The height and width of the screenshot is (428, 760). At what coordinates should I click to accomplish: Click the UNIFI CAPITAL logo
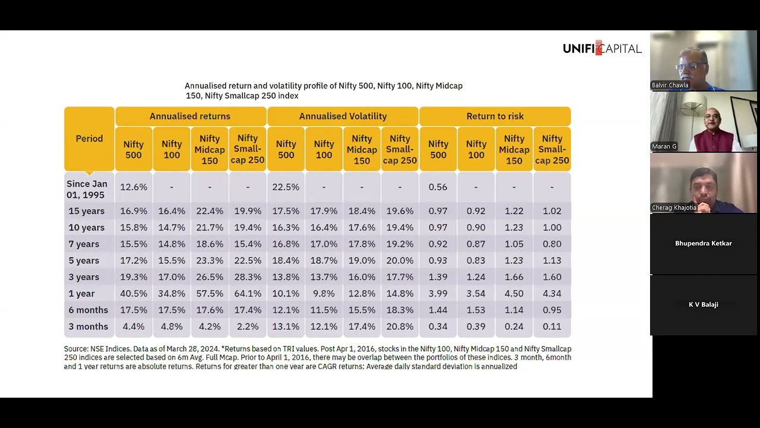pos(602,48)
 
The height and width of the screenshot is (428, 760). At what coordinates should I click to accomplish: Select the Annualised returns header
pos(190,117)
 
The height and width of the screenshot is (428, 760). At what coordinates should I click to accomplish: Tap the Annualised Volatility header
pos(343,117)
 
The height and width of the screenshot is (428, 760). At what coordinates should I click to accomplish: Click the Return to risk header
pos(495,117)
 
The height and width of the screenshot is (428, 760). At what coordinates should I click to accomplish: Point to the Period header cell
pos(89,139)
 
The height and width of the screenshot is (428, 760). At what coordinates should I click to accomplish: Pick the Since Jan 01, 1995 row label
pos(87,190)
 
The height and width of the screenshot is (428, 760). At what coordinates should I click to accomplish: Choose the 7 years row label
pos(84,244)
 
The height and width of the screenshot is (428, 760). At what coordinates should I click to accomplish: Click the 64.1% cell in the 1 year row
pos(248,294)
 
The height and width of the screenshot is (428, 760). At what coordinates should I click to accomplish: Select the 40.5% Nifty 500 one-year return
pos(134,294)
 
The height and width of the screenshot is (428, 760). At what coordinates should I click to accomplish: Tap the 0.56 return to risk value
pos(438,187)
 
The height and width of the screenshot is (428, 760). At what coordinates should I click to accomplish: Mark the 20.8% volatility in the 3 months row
pos(400,327)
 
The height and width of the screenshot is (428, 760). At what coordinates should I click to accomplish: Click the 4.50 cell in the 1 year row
pos(514,294)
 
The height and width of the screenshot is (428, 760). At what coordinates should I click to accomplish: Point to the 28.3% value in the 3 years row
pos(248,277)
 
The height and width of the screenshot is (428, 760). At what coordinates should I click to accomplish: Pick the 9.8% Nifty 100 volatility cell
pos(324,294)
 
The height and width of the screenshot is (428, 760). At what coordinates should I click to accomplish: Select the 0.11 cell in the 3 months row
pos(552,327)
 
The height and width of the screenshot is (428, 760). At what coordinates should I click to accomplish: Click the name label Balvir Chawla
pos(670,85)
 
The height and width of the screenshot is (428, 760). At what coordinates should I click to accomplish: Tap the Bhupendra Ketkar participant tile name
pos(703,243)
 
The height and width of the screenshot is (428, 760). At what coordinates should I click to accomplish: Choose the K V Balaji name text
pos(703,304)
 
